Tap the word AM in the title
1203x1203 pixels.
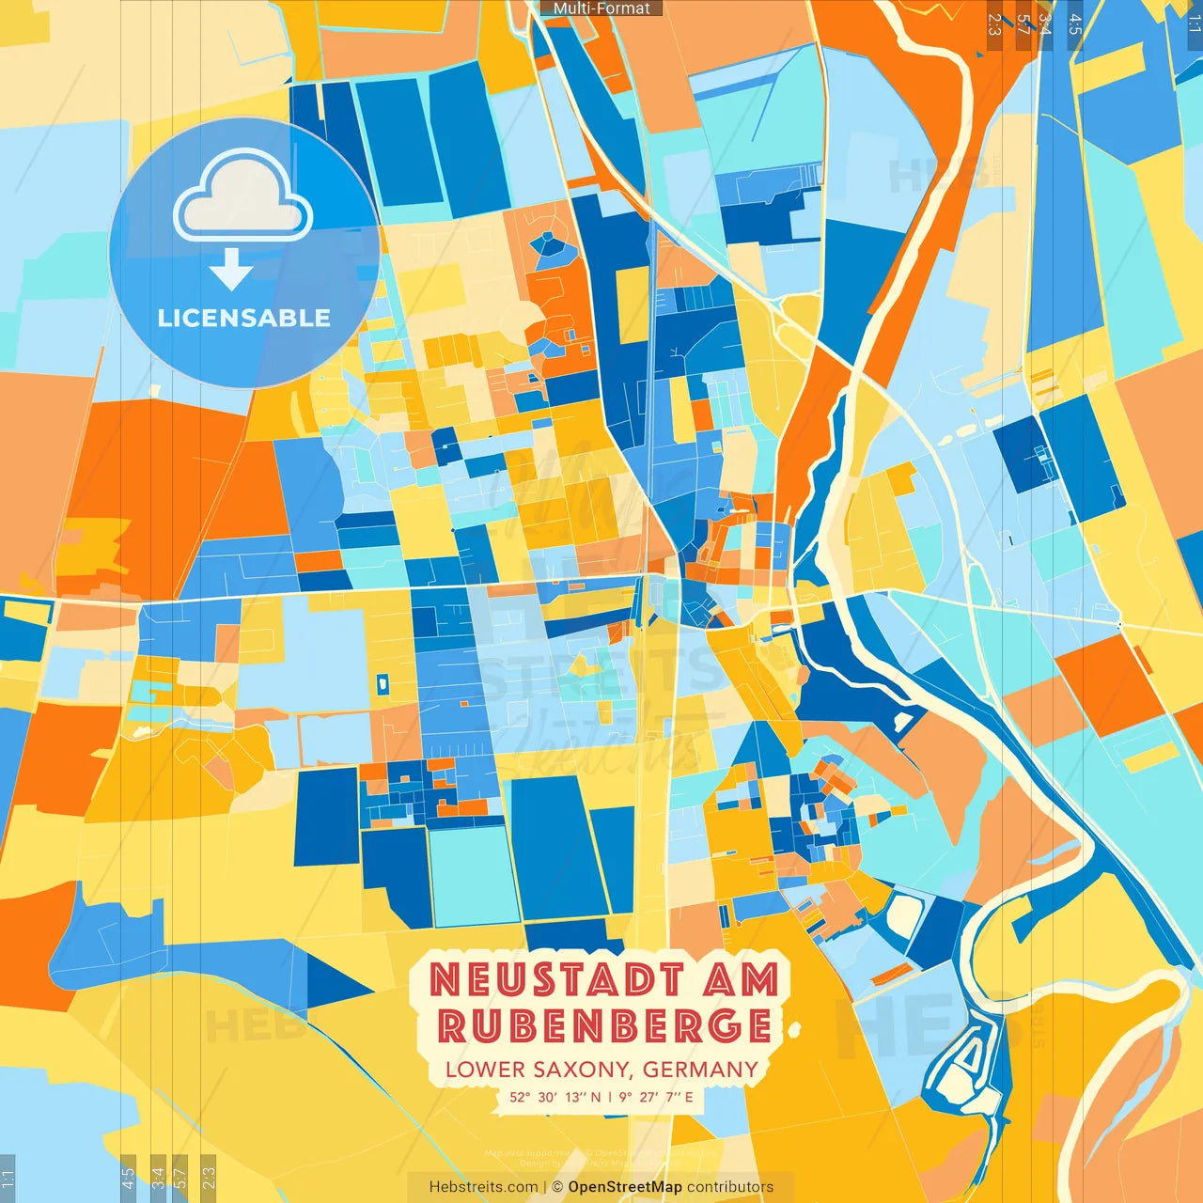click(742, 981)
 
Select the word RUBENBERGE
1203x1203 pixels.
click(604, 1026)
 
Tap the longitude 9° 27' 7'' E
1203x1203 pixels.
click(656, 1097)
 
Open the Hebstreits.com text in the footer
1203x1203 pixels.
click(483, 1187)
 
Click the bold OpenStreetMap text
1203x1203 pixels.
click(625, 1187)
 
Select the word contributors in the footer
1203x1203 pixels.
click(730, 1187)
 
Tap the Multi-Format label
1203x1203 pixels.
click(601, 8)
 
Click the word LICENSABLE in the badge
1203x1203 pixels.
click(244, 318)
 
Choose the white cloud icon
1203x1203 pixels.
click(243, 198)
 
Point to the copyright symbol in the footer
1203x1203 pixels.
click(557, 1187)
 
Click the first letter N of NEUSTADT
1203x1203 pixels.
click(445, 981)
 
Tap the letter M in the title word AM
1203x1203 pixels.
click(759, 981)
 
